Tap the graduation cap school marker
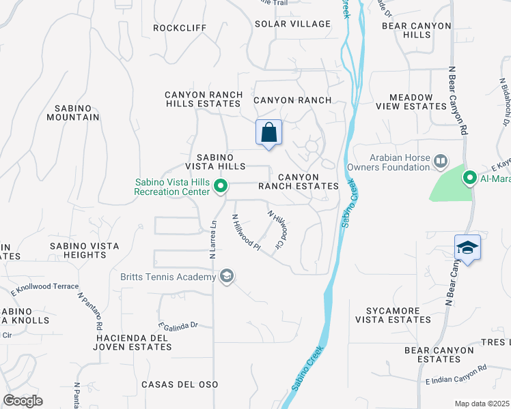tap(468, 247)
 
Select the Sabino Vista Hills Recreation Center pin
tap(221, 185)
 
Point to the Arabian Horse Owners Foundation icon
tap(441, 162)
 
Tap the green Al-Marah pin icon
tap(470, 179)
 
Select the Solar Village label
tap(292, 24)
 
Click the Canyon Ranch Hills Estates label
tap(203, 100)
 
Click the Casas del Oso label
tap(179, 384)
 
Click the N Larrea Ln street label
tap(213, 239)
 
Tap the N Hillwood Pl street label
tap(247, 232)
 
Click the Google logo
tap(23, 401)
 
